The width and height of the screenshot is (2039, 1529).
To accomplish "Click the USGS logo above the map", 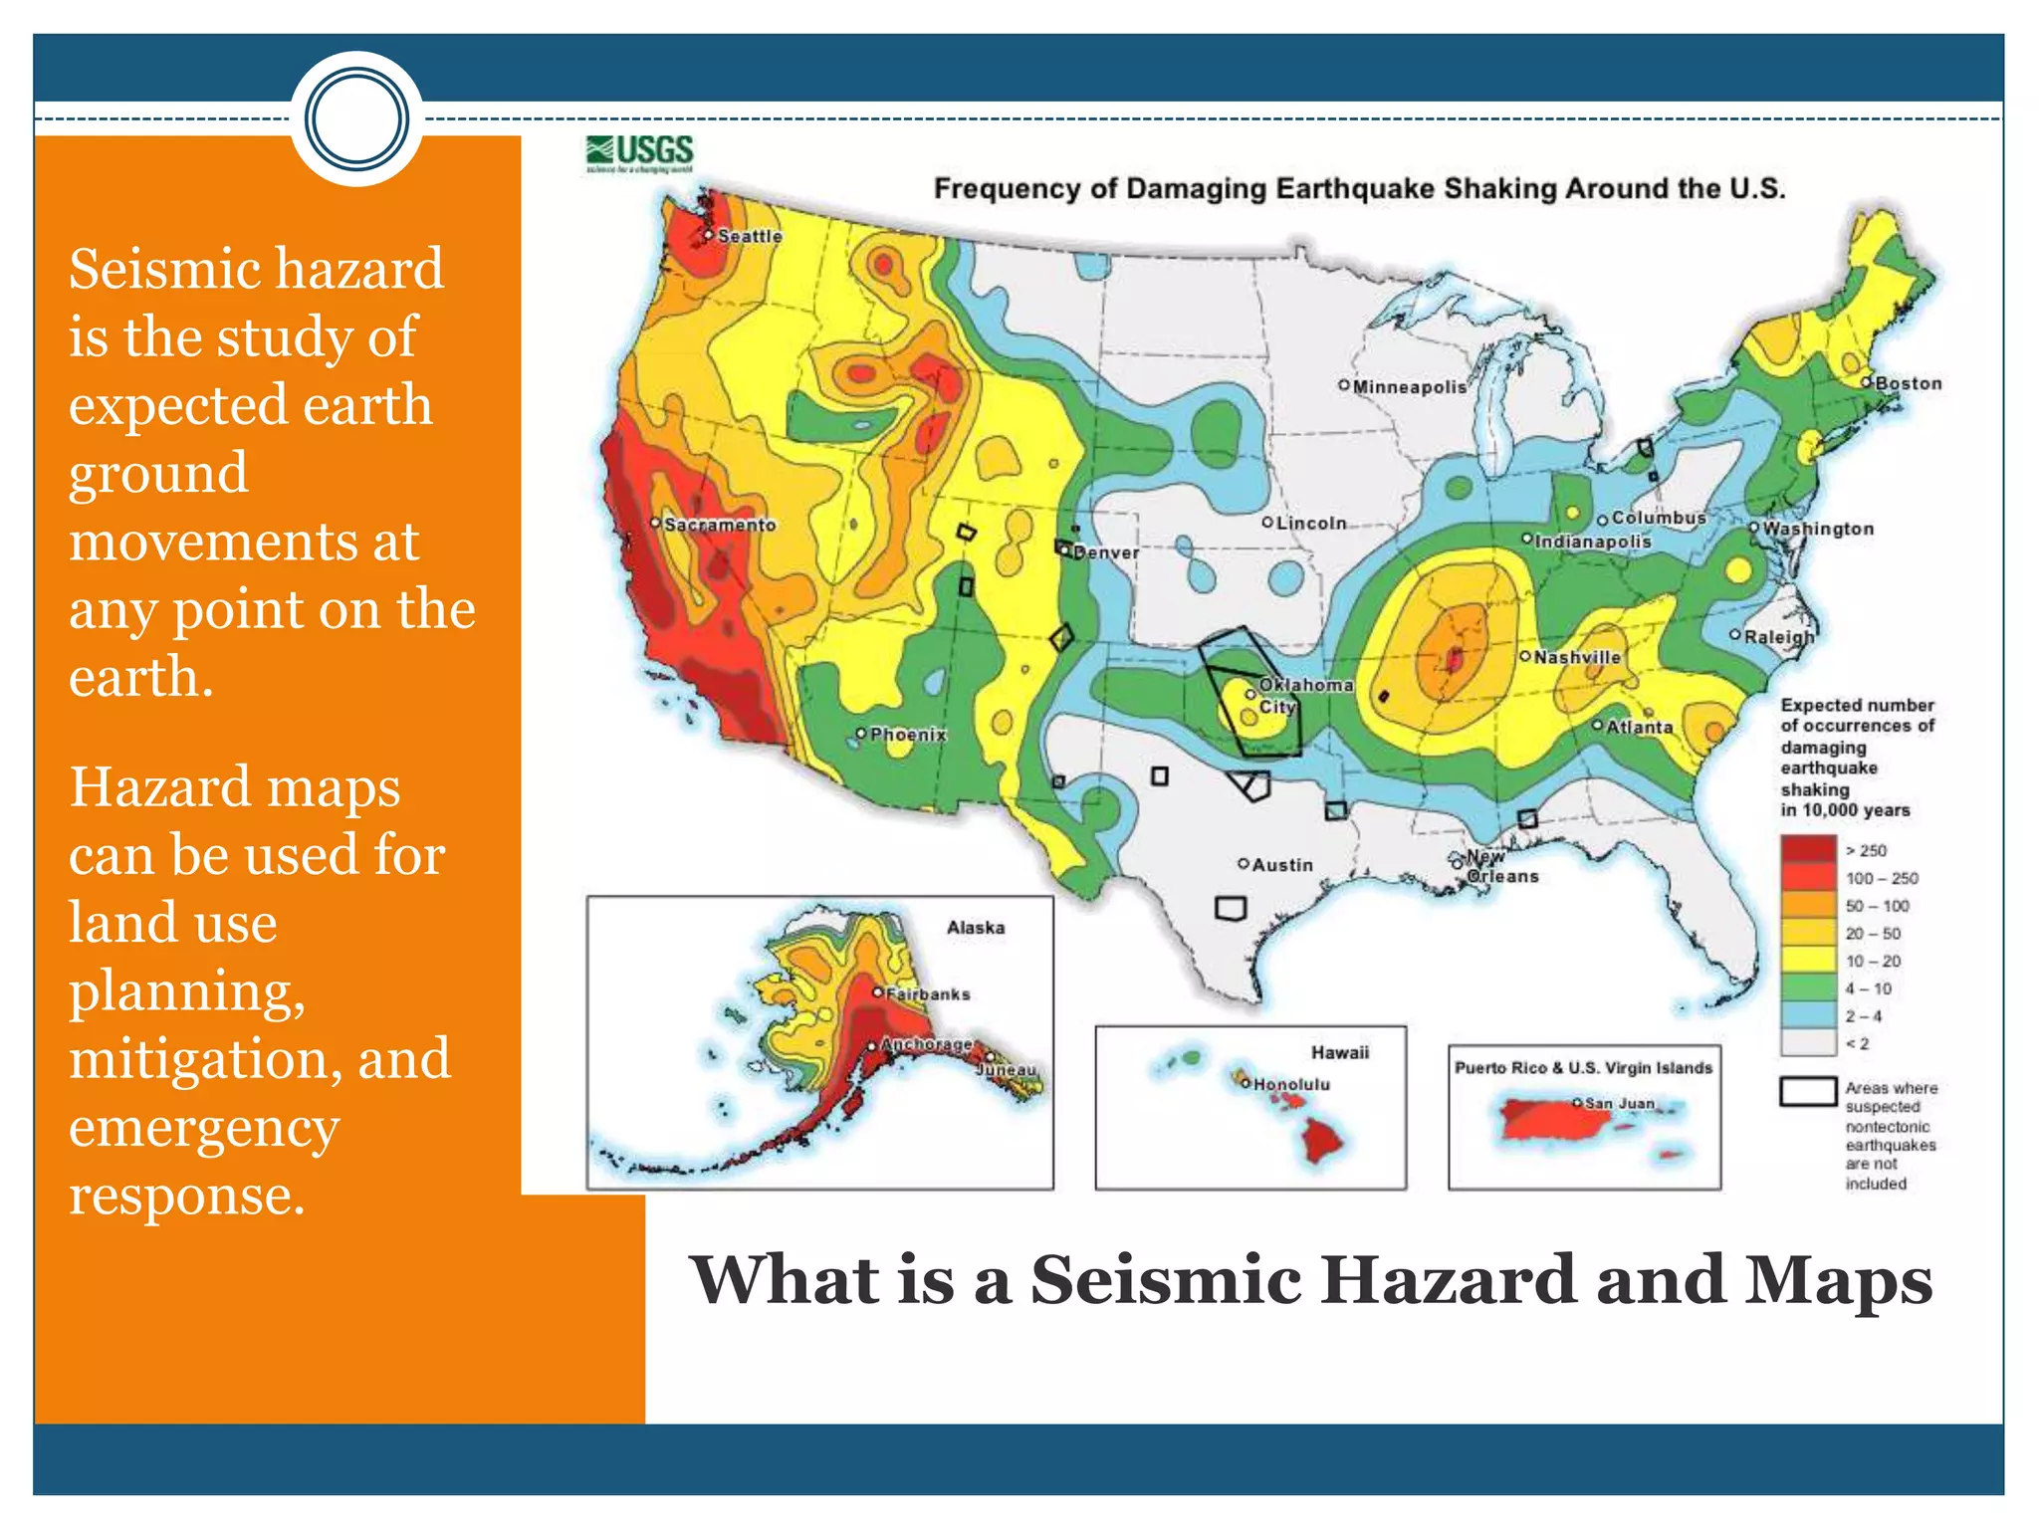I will (x=640, y=153).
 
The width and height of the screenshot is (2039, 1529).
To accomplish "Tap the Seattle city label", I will (x=749, y=237).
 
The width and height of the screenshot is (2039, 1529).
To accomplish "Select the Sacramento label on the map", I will (x=719, y=525).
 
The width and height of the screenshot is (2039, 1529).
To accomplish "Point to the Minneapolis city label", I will (x=1409, y=387).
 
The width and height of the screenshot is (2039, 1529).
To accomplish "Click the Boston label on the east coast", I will (x=1908, y=383).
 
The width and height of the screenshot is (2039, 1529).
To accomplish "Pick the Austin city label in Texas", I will (x=1281, y=865).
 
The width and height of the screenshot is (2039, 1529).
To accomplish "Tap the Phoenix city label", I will (x=907, y=735).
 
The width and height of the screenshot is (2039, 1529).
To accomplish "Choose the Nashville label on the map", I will (x=1576, y=657).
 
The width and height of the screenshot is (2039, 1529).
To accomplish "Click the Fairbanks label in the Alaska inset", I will (x=927, y=993).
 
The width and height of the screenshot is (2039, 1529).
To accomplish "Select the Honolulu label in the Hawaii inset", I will (x=1290, y=1084).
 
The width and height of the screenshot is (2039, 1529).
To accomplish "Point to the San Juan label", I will (x=1619, y=1103).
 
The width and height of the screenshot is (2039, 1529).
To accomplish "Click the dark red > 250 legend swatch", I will (x=1808, y=849).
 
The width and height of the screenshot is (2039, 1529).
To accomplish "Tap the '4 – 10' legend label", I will (x=1868, y=988).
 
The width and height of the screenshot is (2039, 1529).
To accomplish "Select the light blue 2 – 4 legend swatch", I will (x=1808, y=1015).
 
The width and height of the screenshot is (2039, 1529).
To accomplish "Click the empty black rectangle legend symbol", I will (x=1808, y=1091).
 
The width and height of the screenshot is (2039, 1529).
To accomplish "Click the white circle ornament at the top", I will (x=356, y=118).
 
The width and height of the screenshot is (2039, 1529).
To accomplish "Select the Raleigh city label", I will (x=1778, y=636).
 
